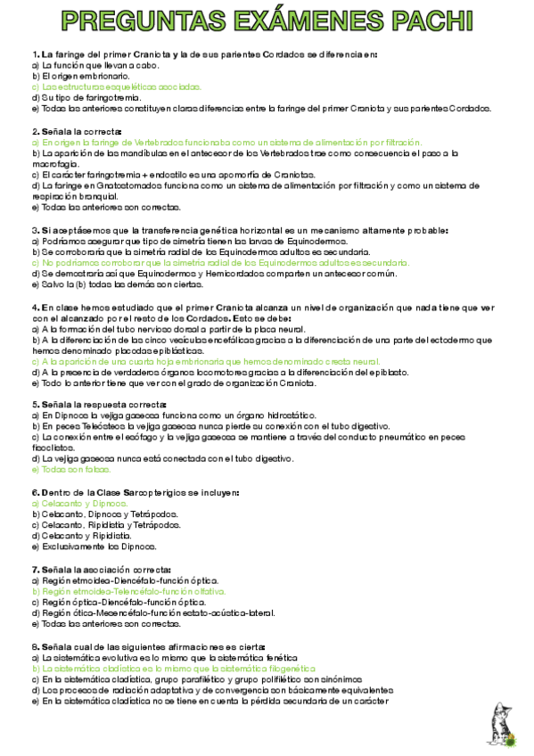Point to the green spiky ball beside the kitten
511,739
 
